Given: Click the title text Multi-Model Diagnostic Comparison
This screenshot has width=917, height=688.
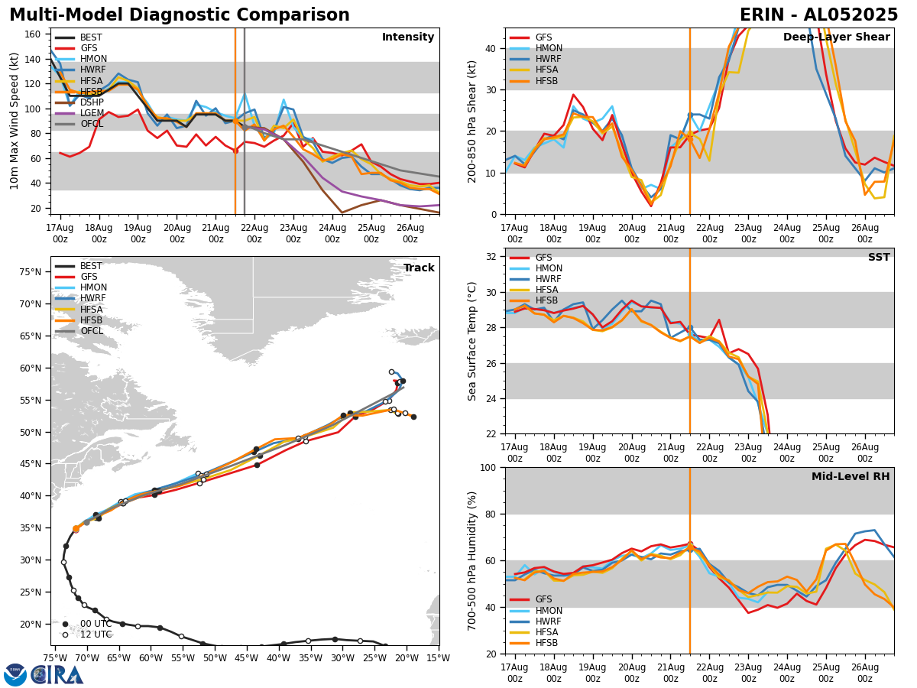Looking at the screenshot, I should tap(179, 15).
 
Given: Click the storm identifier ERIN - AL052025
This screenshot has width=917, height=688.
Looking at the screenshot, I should tap(818, 15).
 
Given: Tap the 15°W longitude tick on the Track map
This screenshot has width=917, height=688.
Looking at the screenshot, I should tap(439, 656).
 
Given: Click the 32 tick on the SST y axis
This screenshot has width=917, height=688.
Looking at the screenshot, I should tap(493, 257).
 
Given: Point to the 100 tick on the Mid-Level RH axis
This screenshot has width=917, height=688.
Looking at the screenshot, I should tap(490, 467).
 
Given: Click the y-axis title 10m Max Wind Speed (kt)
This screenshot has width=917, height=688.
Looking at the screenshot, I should tap(15, 121).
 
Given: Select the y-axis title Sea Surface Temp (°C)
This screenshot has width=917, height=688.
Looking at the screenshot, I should tap(472, 341).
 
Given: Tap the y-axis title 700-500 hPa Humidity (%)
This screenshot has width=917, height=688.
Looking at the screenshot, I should tap(472, 560).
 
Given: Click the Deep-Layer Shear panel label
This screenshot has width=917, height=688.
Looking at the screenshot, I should tap(836, 37).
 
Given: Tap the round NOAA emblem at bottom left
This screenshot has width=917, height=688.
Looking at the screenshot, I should tap(15, 674).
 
